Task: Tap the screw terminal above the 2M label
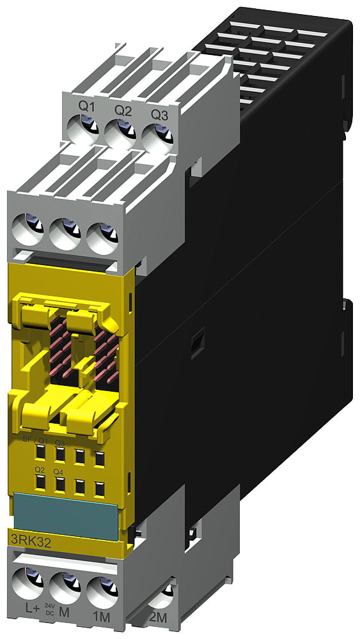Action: pyautogui.click(x=163, y=597)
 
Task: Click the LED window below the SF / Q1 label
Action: pyautogui.click(x=40, y=454)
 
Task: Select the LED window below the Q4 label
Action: pyautogui.click(x=60, y=484)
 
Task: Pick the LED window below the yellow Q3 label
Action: pyautogui.click(x=60, y=455)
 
